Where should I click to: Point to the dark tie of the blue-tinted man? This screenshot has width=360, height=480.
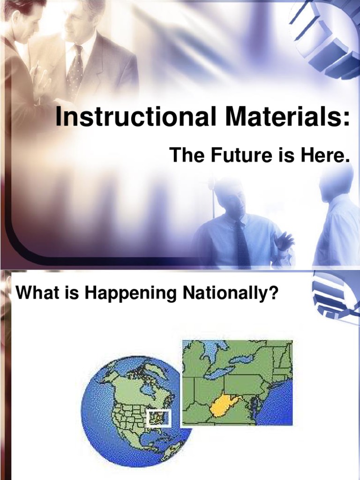[x=242, y=244]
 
